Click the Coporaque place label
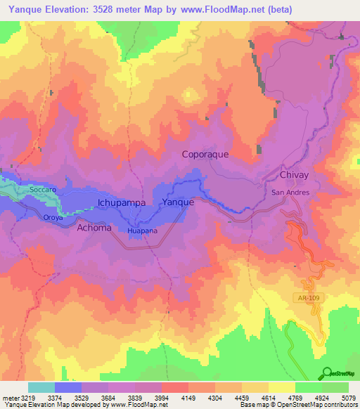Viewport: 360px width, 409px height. (205, 154)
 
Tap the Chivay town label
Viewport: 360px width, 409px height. (295, 175)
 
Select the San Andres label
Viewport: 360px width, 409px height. (290, 192)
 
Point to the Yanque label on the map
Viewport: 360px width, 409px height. (178, 202)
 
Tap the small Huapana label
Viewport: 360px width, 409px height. (142, 231)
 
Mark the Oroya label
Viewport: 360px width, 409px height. (53, 218)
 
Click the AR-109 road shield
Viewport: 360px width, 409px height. (307, 298)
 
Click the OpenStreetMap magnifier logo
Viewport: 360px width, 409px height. (327, 372)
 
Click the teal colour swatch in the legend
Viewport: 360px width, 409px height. (41, 387)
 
